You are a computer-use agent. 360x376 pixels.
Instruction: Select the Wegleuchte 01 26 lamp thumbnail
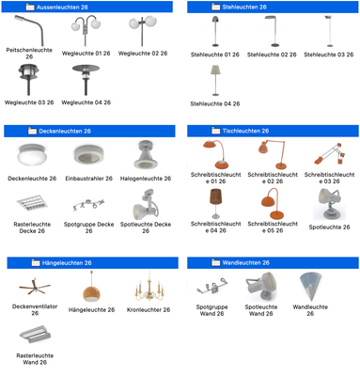(86, 30)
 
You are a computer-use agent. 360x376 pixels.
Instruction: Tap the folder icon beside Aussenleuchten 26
(30, 7)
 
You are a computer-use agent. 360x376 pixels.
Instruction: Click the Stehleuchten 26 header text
(244, 7)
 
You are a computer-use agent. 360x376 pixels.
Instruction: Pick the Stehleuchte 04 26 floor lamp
(215, 80)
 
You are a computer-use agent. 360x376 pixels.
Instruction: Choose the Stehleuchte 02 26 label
(272, 55)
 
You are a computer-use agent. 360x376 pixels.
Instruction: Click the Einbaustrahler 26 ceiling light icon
(89, 154)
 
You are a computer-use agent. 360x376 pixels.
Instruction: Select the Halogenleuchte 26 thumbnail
(146, 154)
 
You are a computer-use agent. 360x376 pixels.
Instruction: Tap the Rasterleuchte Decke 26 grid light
(32, 204)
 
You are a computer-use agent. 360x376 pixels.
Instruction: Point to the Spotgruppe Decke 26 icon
(88, 205)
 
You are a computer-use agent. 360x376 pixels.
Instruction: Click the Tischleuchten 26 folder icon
(216, 131)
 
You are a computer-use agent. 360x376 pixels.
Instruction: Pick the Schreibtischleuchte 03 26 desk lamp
(330, 154)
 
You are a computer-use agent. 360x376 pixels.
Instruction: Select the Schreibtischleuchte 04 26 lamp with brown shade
(215, 203)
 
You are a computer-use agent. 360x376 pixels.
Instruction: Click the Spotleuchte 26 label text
(329, 227)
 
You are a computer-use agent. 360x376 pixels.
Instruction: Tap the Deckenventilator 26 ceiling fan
(35, 286)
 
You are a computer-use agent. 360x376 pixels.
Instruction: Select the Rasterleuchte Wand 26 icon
(35, 334)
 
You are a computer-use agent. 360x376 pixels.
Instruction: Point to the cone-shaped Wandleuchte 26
(310, 287)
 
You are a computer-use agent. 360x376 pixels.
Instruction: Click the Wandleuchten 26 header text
(246, 262)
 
